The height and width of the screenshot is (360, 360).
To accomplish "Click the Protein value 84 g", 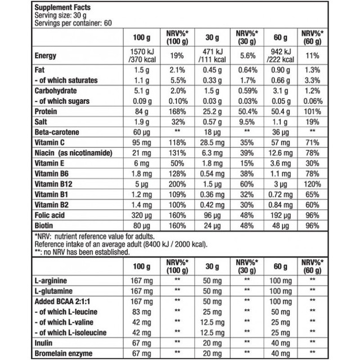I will [x=139, y=111].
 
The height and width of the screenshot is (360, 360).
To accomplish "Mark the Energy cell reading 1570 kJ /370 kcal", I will [x=139, y=56].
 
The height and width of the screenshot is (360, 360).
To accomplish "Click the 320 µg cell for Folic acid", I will [x=139, y=213].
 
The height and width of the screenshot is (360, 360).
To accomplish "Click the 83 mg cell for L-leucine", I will [x=139, y=312].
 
